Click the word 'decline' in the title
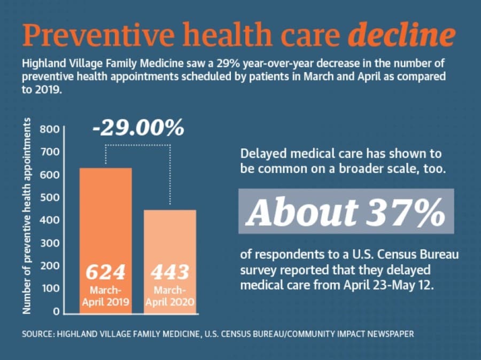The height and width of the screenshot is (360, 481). tap(401, 34)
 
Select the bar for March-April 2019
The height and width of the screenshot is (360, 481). tap(105, 241)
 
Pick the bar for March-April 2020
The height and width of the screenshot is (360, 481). tap(170, 262)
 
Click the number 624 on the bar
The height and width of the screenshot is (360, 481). tap(105, 272)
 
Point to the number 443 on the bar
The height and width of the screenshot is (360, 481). tap(170, 272)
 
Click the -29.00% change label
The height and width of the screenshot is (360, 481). tap(138, 127)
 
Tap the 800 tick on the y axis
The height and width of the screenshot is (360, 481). tap(49, 129)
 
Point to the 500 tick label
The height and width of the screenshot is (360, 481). tap(49, 197)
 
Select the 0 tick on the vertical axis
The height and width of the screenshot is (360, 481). tap(56, 311)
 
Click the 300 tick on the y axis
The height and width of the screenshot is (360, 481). tap(49, 243)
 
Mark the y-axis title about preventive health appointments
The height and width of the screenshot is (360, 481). tap(27, 216)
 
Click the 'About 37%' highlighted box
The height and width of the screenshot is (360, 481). tap(346, 212)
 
